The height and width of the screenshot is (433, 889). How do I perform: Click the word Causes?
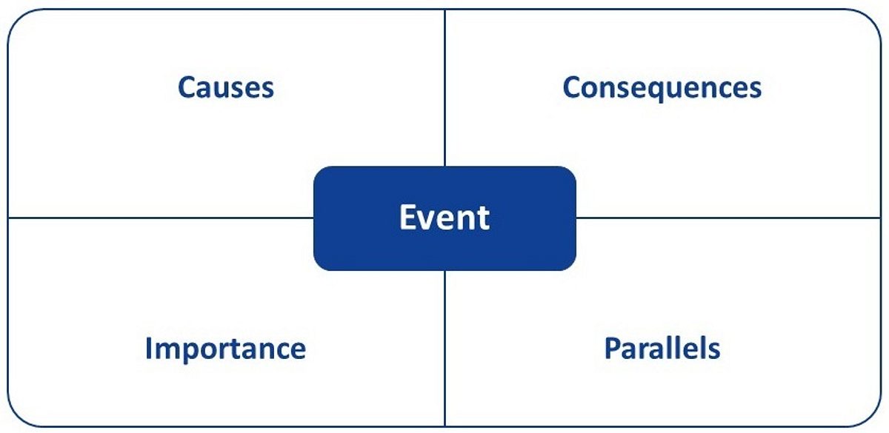[x=226, y=87]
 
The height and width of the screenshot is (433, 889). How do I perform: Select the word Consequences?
[x=662, y=88]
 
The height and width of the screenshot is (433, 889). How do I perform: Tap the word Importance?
[x=225, y=349]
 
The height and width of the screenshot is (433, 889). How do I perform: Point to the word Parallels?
[x=662, y=348]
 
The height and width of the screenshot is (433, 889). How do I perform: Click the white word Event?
[x=444, y=217]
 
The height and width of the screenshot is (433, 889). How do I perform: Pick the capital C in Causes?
[x=187, y=87]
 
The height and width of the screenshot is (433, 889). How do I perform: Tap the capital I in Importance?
[x=149, y=348]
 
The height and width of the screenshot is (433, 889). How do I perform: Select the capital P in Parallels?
[x=613, y=348]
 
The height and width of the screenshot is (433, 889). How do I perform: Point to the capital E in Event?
[x=407, y=217]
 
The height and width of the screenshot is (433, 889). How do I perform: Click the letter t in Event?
[x=483, y=218]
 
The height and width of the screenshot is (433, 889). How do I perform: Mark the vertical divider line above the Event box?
[x=445, y=87]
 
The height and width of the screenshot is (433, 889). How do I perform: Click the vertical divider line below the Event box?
[x=445, y=349]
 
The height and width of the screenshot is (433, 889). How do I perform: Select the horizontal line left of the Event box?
[x=161, y=218]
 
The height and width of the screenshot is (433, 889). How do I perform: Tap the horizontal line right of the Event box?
[x=728, y=218]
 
